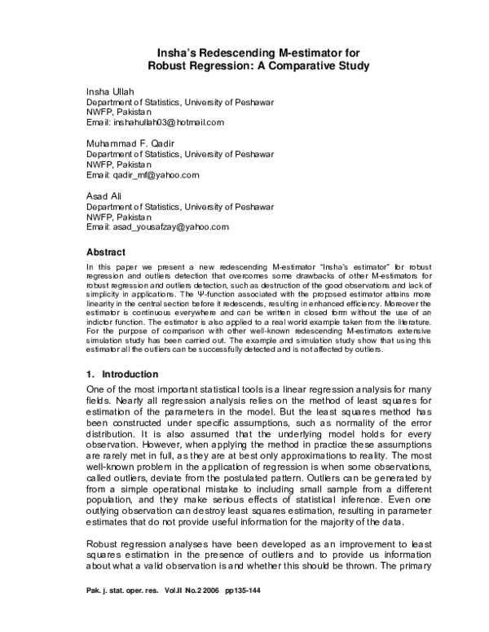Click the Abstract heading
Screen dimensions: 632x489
tap(108, 252)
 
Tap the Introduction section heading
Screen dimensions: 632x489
tap(130, 375)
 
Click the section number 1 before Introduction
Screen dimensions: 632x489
tap(90, 375)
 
